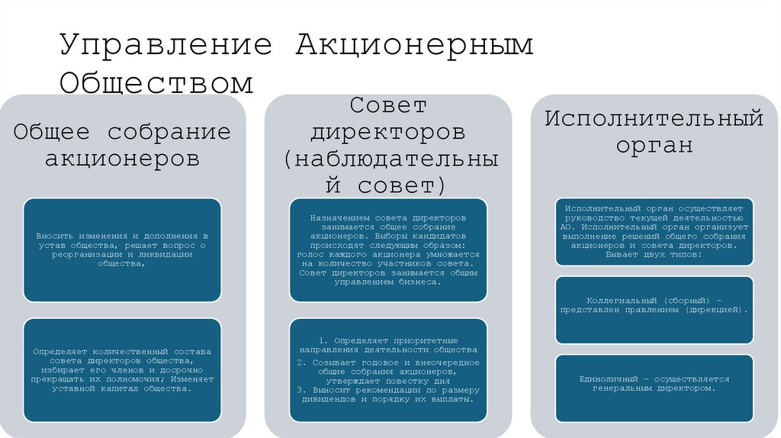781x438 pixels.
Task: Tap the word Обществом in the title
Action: [x=156, y=82]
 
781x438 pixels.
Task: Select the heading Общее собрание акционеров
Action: [x=122, y=145]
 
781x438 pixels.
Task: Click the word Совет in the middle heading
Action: [x=387, y=105]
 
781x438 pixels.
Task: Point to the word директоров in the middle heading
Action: [x=387, y=132]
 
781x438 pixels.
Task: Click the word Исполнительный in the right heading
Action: [x=654, y=118]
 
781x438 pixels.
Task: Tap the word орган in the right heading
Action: [x=654, y=145]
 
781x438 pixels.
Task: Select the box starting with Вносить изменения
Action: [x=122, y=250]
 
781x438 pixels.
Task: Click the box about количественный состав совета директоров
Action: [x=122, y=369]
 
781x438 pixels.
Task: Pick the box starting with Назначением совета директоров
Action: [x=387, y=250]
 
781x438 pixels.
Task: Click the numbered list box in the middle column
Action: [x=387, y=369]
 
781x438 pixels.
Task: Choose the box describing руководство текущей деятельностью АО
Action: [x=654, y=231]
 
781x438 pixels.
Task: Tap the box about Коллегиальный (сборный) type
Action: [x=654, y=308]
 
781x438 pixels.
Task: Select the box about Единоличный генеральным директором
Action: [x=654, y=387]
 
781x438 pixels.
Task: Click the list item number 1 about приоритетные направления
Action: [x=387, y=344]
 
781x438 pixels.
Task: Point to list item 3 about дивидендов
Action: [x=387, y=394]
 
